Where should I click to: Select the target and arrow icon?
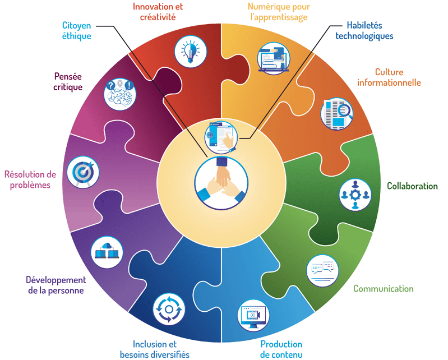[83, 172]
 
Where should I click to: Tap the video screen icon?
[253, 316]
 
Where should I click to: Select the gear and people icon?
[355, 194]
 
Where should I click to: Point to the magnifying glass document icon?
[338, 113]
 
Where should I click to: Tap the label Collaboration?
[412, 186]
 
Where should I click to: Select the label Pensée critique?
[68, 81]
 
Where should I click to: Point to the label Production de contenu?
[281, 349]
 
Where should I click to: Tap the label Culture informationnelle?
[398, 77]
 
